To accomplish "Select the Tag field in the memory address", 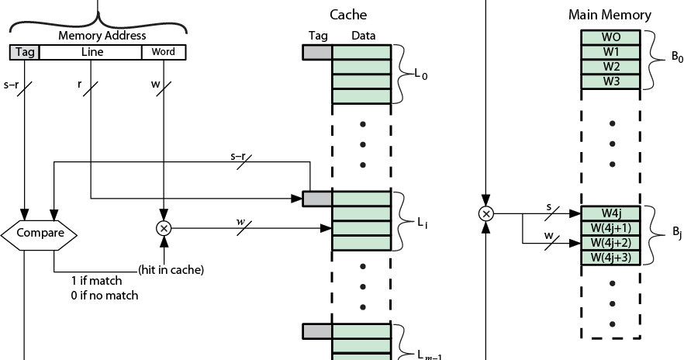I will tap(24, 53).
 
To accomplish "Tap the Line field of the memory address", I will tap(91, 53).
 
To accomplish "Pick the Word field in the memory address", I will tap(164, 53).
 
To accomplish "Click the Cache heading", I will tap(348, 15).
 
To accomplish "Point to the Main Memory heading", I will tap(610, 15).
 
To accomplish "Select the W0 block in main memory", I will tap(610, 37).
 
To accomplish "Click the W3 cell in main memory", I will tap(610, 81).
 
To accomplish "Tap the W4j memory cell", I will tap(610, 213).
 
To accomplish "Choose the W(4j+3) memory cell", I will tap(610, 257).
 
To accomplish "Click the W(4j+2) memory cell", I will tap(610, 242).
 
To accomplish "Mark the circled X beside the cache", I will tap(164, 228).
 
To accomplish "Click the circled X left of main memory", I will tap(486, 213).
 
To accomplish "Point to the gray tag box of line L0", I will tap(317, 52).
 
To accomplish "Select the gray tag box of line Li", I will tap(317, 199).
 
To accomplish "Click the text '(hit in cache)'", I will tap(171, 270).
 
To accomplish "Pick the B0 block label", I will tap(676, 59).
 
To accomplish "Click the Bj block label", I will tap(676, 235).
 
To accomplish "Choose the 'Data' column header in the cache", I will tap(363, 36).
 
